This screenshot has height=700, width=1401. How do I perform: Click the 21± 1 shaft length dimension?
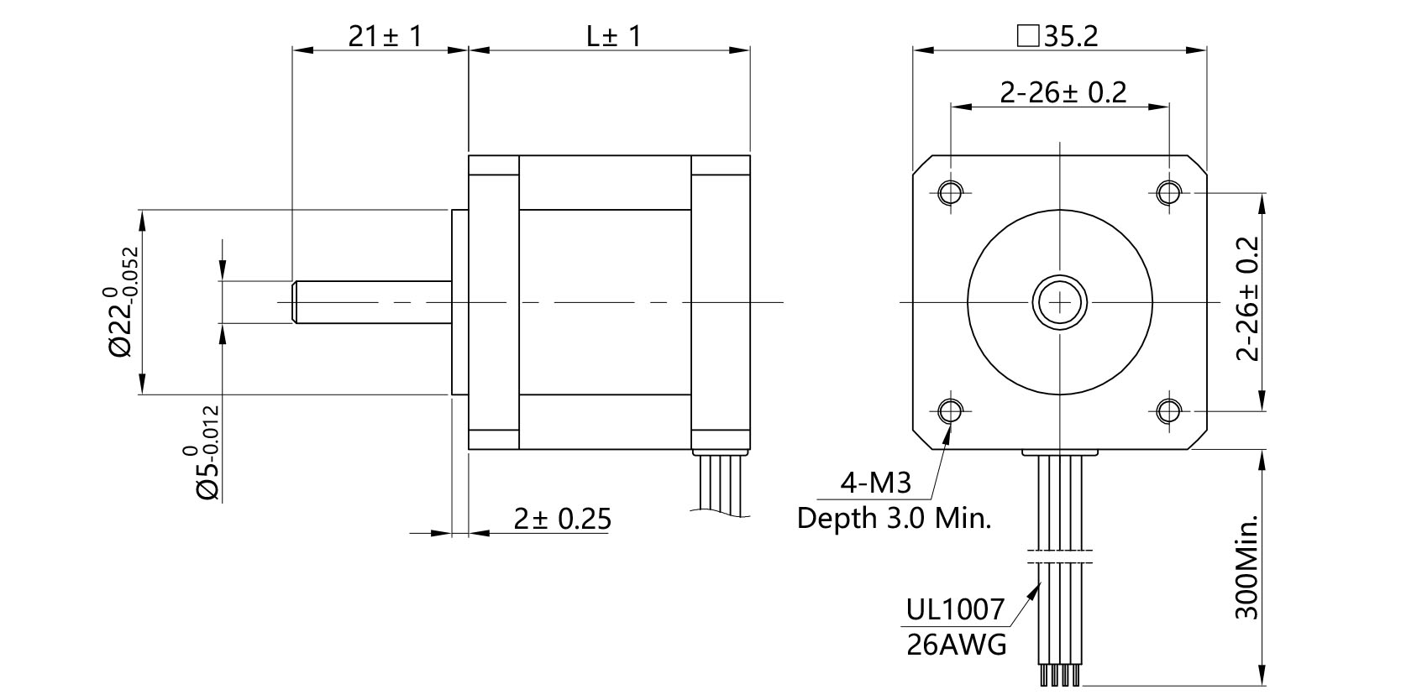click(384, 36)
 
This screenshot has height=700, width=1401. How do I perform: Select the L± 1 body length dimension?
click(613, 36)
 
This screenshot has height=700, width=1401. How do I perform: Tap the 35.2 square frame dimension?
click(1057, 36)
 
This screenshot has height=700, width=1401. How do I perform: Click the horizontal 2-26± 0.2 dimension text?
click(1063, 91)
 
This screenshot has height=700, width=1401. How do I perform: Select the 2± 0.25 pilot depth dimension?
click(562, 519)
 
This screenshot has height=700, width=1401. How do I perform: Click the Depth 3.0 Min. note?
click(894, 518)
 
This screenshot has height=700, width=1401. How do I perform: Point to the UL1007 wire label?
click(955, 609)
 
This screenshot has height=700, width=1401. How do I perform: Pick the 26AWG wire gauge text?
click(956, 645)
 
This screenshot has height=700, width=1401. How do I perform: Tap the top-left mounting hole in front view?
click(951, 192)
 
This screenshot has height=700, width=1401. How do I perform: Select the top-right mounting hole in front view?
click(1168, 192)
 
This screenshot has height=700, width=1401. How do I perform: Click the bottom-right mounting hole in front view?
click(1168, 410)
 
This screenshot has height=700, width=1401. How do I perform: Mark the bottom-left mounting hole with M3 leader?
click(951, 410)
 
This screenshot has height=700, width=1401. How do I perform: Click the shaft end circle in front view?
click(1060, 300)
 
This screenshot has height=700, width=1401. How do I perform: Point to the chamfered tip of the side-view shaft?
click(295, 301)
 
